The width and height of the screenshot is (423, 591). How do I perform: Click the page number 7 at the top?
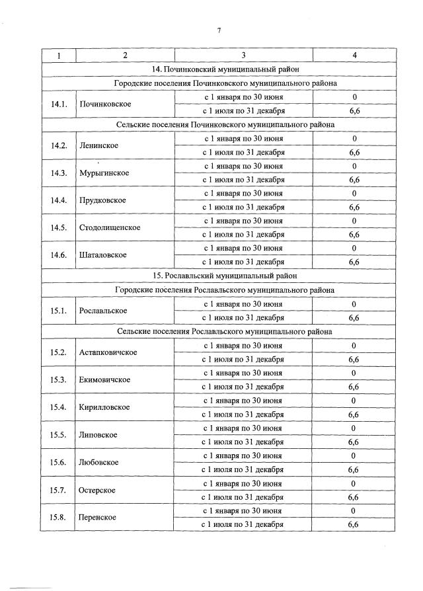[x=218, y=30]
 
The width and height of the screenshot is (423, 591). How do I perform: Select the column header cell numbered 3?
[x=243, y=55]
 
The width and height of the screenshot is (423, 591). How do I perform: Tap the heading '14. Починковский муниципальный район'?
[x=224, y=69]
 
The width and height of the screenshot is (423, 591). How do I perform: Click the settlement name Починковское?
[x=105, y=104]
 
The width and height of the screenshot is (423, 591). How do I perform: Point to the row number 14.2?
[x=59, y=145]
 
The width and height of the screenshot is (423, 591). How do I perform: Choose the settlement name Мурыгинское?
[x=104, y=173]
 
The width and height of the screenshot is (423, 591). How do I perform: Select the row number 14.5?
[x=59, y=227]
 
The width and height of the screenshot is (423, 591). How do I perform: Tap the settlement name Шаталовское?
[x=103, y=255]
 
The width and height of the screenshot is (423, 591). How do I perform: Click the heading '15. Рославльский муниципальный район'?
[x=224, y=276]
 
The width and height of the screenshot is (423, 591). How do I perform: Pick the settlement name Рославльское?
[x=103, y=311]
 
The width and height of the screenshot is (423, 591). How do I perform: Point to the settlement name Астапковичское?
[x=108, y=352]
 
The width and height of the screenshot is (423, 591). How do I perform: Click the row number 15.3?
[x=59, y=379]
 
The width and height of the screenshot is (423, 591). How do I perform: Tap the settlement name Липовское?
[x=98, y=434]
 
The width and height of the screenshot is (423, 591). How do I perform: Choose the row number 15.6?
[x=59, y=462]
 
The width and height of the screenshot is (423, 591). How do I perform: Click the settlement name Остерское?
[x=97, y=490]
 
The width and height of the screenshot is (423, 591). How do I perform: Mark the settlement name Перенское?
[x=98, y=517]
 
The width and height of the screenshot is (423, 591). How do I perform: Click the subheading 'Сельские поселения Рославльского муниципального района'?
[x=224, y=331]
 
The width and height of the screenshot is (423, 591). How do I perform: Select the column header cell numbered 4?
[x=354, y=55]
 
